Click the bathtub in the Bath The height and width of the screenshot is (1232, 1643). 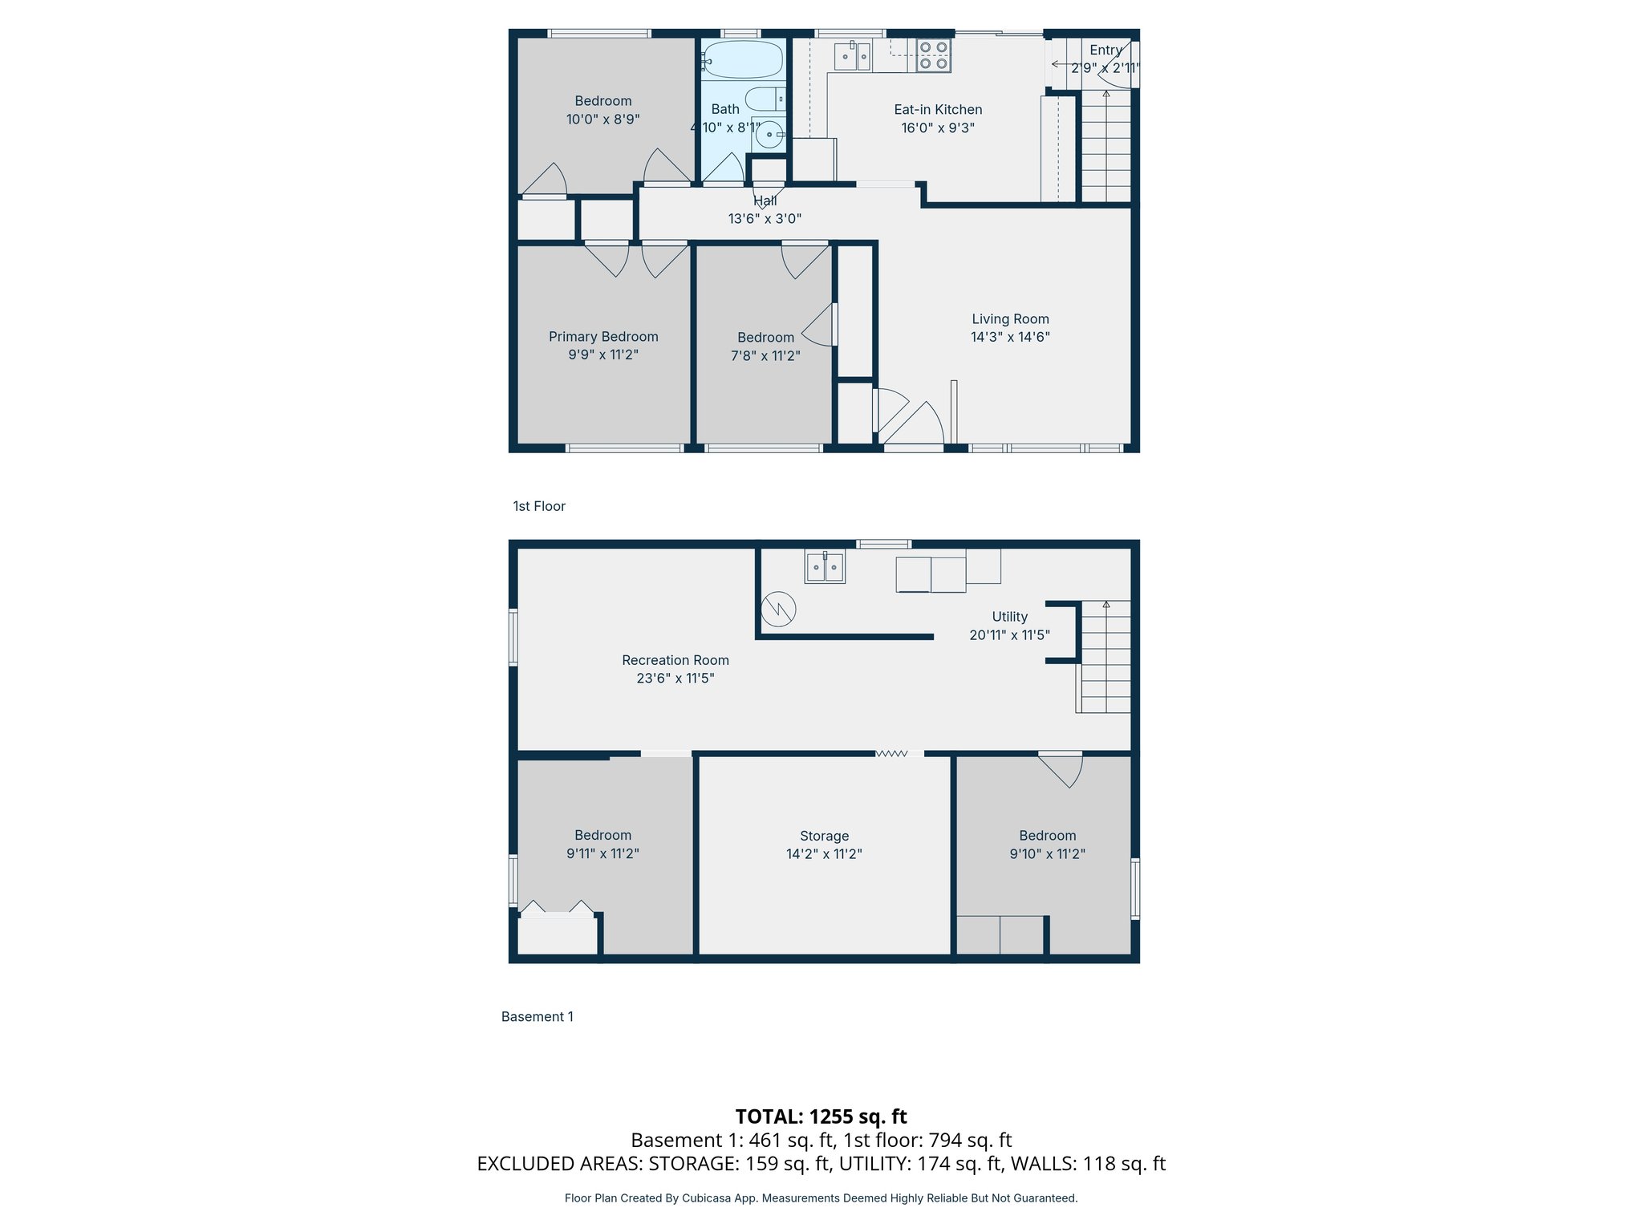pyautogui.click(x=742, y=59)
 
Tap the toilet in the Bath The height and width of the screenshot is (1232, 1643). pyautogui.click(x=765, y=99)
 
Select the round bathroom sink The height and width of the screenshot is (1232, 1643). pyautogui.click(x=769, y=134)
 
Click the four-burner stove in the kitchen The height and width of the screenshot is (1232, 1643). pyautogui.click(x=933, y=55)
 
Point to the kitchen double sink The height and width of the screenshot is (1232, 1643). pyautogui.click(x=852, y=57)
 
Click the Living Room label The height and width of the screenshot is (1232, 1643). pyautogui.click(x=1010, y=319)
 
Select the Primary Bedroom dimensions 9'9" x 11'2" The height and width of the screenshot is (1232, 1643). pyautogui.click(x=603, y=355)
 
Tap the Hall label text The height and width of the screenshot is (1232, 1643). pyautogui.click(x=765, y=201)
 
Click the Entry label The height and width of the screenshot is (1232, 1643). pyautogui.click(x=1105, y=51)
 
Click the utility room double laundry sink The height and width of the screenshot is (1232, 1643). pyautogui.click(x=825, y=567)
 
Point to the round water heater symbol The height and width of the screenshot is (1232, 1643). pyautogui.click(x=778, y=610)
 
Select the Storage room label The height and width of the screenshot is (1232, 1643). pyautogui.click(x=824, y=836)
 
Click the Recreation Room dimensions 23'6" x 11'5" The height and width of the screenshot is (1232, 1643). pyautogui.click(x=675, y=678)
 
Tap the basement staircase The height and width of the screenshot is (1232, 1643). pyautogui.click(x=1105, y=657)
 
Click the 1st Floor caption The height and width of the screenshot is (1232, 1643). pyautogui.click(x=539, y=506)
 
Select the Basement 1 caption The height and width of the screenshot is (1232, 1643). pyautogui.click(x=537, y=1016)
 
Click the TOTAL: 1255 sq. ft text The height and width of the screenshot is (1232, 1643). pyautogui.click(x=821, y=1116)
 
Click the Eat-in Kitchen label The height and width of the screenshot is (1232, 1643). pyautogui.click(x=938, y=110)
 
